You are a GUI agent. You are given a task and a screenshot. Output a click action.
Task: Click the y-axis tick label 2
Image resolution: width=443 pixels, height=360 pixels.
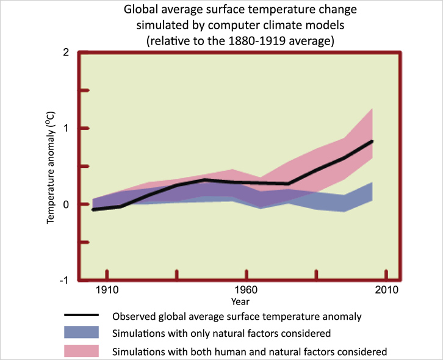pyautogui.click(x=65, y=52)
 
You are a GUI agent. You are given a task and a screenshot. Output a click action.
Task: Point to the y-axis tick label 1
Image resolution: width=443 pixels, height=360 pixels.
pyautogui.click(x=65, y=128)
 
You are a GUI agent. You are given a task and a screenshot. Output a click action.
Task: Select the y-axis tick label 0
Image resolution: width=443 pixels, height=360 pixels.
pyautogui.click(x=65, y=204)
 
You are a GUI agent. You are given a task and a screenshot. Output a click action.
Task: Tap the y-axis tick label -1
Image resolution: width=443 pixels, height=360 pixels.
pyautogui.click(x=63, y=280)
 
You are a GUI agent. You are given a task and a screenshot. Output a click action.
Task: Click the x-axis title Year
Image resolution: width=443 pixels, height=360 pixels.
pyautogui.click(x=240, y=301)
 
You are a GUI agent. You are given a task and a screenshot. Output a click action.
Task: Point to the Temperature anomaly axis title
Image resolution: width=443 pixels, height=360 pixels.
pyautogui.click(x=52, y=167)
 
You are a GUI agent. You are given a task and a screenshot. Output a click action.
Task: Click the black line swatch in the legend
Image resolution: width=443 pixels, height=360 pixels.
pyautogui.click(x=81, y=316)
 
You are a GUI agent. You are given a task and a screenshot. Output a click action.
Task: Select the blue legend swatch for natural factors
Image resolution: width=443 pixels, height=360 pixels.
pyautogui.click(x=81, y=333)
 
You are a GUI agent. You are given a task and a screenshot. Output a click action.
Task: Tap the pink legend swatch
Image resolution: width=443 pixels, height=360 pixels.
pyautogui.click(x=81, y=351)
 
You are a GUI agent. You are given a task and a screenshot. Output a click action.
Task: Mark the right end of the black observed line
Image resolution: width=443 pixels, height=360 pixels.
pyautogui.click(x=372, y=141)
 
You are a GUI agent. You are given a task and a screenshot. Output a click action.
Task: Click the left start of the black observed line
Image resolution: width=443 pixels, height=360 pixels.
pyautogui.click(x=93, y=209)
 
